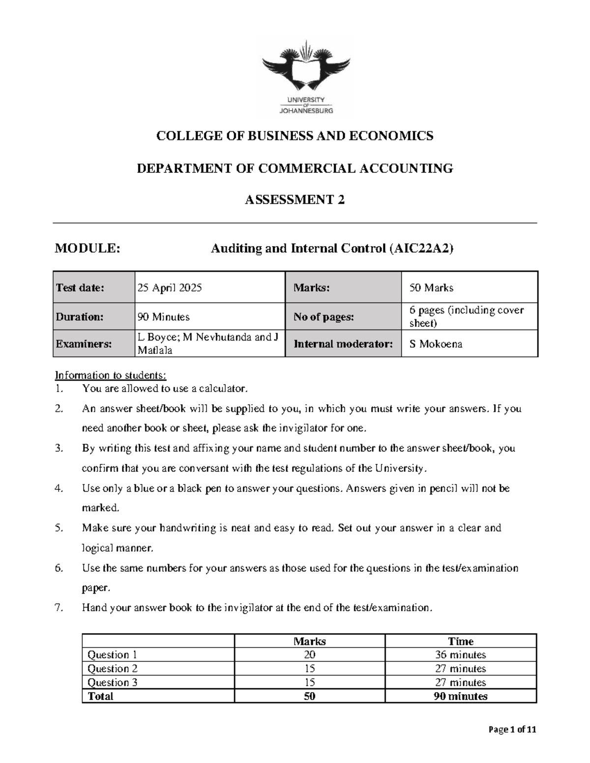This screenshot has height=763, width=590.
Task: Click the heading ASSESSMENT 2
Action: [x=295, y=200]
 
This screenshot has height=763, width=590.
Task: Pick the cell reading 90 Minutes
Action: [x=164, y=317]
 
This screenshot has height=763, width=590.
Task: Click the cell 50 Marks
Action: [x=431, y=288]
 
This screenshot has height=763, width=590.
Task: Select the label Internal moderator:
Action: [x=343, y=344]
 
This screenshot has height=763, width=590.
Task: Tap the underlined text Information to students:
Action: [x=111, y=375]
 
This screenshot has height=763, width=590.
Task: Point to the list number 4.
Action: [x=59, y=488]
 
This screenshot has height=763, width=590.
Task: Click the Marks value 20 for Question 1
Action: [x=309, y=655]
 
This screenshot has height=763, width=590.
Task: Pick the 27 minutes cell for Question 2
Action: [x=460, y=669]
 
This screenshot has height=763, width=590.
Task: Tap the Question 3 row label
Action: [x=112, y=682]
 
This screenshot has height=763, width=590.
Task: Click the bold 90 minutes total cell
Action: [x=460, y=696]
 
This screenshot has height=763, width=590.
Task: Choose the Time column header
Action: [x=460, y=641]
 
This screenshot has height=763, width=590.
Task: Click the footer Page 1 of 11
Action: [x=512, y=730]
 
